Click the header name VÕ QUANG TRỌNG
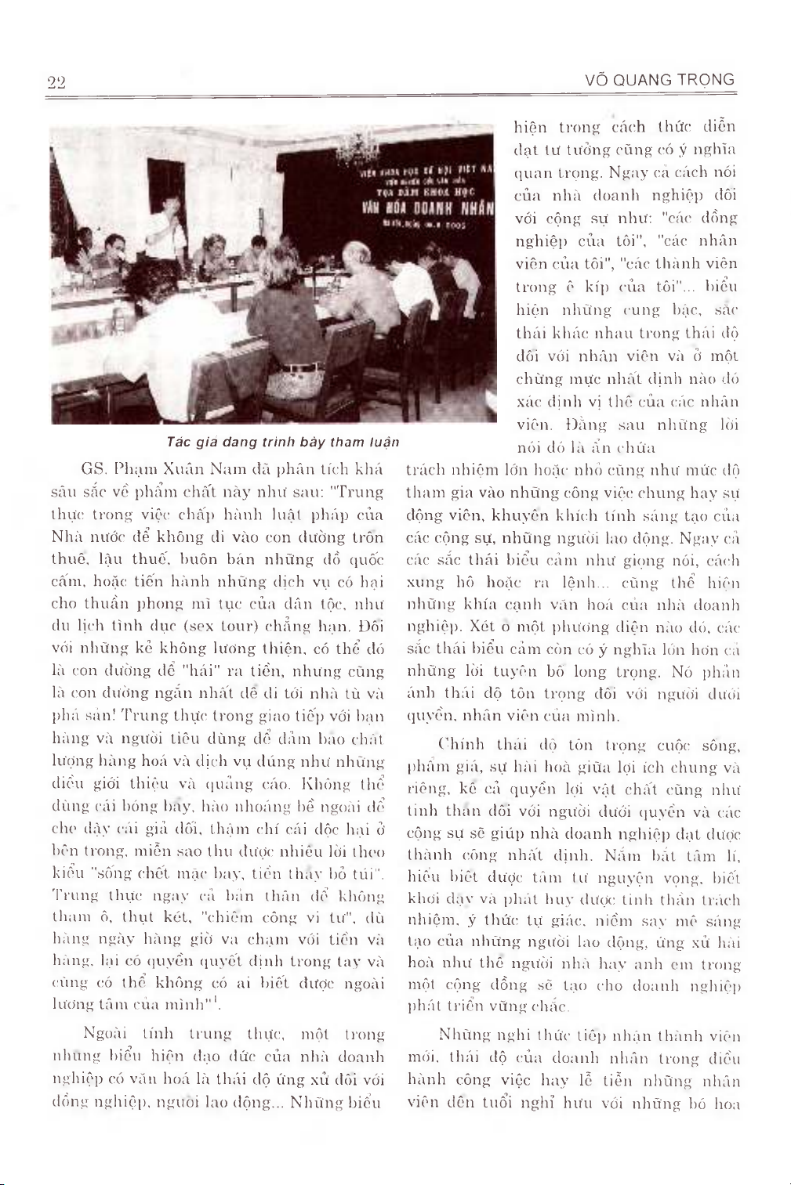(659, 79)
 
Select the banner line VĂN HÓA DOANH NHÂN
(427, 208)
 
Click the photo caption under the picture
(283, 443)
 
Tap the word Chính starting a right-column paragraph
(463, 744)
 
